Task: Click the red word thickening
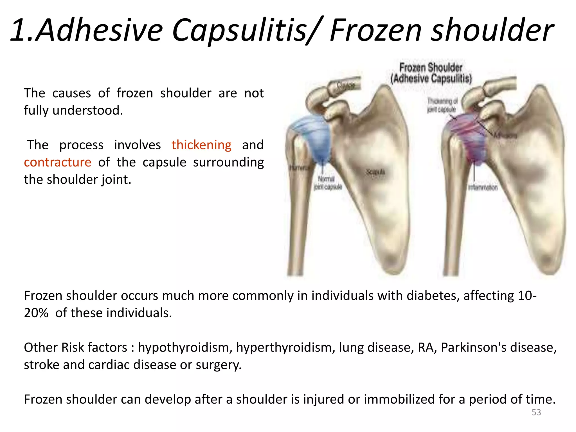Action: tap(201, 145)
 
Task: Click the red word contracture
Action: tap(58, 163)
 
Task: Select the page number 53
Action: tap(536, 412)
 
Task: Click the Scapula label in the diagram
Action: tap(375, 172)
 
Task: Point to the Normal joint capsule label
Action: tap(327, 183)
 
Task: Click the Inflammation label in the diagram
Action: tap(483, 188)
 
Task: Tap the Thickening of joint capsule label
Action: tap(442, 105)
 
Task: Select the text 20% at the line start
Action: tap(36, 313)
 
